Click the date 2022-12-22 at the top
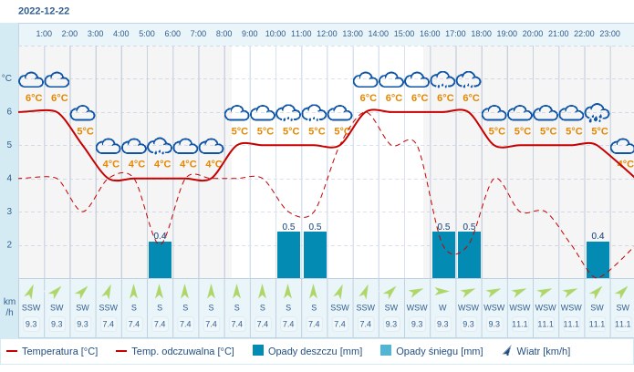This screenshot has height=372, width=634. click(x=44, y=11)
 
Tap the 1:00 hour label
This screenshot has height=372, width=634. click(x=44, y=34)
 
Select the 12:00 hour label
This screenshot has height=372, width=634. click(x=327, y=34)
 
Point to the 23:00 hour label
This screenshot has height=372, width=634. click(x=609, y=34)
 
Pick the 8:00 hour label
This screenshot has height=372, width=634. click(x=223, y=34)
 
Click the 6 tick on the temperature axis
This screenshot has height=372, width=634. click(x=9, y=111)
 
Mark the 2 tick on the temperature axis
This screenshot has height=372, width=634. click(x=9, y=244)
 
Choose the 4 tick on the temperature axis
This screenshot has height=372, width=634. click(x=9, y=178)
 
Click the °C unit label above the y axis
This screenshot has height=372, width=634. click(x=7, y=78)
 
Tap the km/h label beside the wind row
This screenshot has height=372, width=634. click(x=9, y=306)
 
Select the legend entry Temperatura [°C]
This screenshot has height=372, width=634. click(x=52, y=351)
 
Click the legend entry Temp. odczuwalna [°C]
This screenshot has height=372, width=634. click(x=174, y=351)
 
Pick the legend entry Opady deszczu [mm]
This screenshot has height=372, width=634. click(x=307, y=351)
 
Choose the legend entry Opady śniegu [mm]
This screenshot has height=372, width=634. click(x=431, y=351)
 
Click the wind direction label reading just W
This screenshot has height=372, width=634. click(x=442, y=307)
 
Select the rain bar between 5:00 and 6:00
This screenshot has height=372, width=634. click(x=160, y=260)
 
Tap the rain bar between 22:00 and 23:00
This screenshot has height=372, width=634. click(x=598, y=260)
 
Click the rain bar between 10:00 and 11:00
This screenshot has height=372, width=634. click(x=288, y=255)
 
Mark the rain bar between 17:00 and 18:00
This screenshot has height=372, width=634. click(x=469, y=255)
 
